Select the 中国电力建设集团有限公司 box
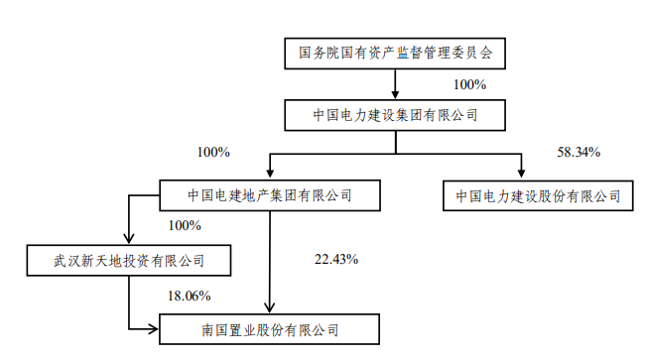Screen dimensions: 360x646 click(395, 115)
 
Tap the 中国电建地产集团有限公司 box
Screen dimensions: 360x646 click(270, 195)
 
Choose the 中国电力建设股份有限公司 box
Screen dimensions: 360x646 click(538, 195)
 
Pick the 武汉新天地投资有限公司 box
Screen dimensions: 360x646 click(129, 261)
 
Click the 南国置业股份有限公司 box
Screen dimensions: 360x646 click(269, 327)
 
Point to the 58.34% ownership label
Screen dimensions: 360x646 click(580, 153)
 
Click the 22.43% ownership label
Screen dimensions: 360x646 click(335, 260)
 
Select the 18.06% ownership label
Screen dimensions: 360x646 click(190, 295)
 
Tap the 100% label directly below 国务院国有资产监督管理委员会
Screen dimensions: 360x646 click(469, 85)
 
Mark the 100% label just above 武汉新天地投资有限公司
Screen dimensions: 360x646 click(185, 226)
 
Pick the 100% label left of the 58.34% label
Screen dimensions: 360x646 click(213, 153)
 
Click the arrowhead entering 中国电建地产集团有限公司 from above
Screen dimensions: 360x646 click(269, 174)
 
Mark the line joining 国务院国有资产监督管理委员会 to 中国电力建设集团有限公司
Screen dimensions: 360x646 click(395, 83)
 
